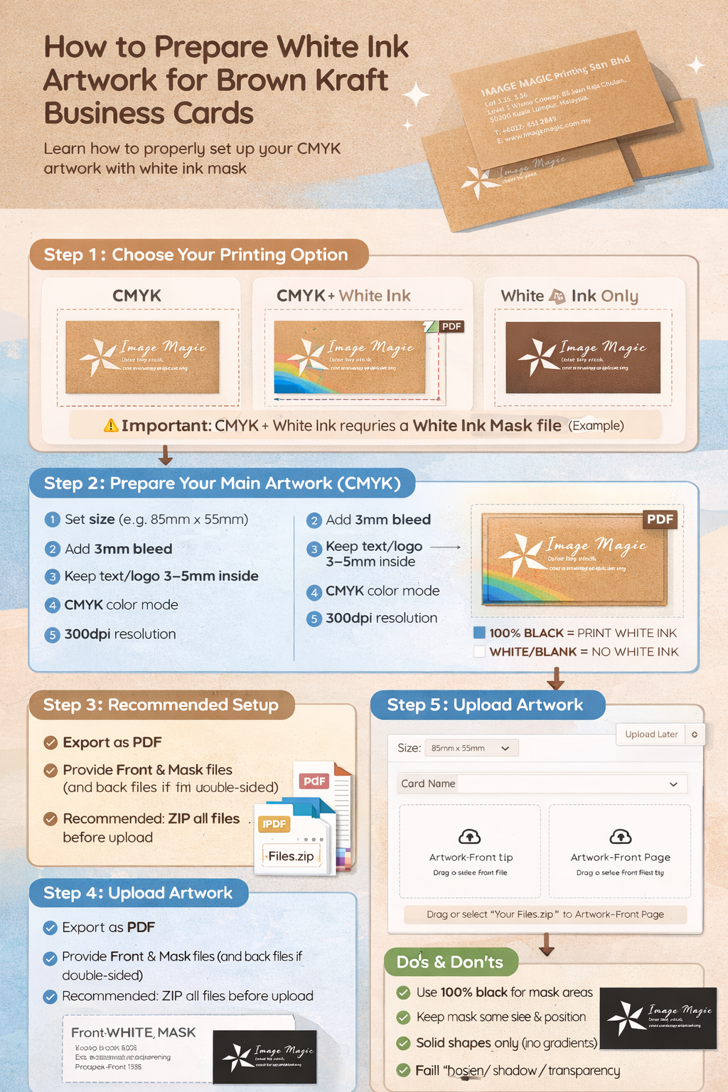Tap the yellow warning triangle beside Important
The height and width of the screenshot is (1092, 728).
coord(111,426)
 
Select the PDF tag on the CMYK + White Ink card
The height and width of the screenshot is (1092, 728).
coord(451,326)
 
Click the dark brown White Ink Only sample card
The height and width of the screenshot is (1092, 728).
coord(583,358)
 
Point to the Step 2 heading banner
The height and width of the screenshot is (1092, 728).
coord(222,483)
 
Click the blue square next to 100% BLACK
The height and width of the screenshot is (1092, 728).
coord(479,633)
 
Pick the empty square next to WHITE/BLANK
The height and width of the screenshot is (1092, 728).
coord(479,651)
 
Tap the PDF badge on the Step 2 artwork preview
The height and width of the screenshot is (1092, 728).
coord(660,519)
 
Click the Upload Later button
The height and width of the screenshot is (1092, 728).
coord(651,734)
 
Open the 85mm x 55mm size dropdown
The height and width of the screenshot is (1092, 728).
coord(471,748)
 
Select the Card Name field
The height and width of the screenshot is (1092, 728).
coord(537,783)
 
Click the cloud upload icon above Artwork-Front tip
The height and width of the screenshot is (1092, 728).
coord(470,836)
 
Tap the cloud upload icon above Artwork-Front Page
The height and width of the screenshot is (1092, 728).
coord(620,836)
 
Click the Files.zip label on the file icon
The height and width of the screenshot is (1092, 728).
coord(291,856)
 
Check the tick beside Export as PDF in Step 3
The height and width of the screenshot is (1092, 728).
coord(50,743)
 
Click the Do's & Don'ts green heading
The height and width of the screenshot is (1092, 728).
coord(450,962)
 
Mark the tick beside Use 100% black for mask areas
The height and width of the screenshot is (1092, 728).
coord(403,992)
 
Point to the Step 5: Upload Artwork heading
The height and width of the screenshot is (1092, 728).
coord(486,705)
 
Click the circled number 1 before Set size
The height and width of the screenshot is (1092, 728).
coord(52,520)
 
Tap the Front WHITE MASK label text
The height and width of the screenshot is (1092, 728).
coord(133,1032)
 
